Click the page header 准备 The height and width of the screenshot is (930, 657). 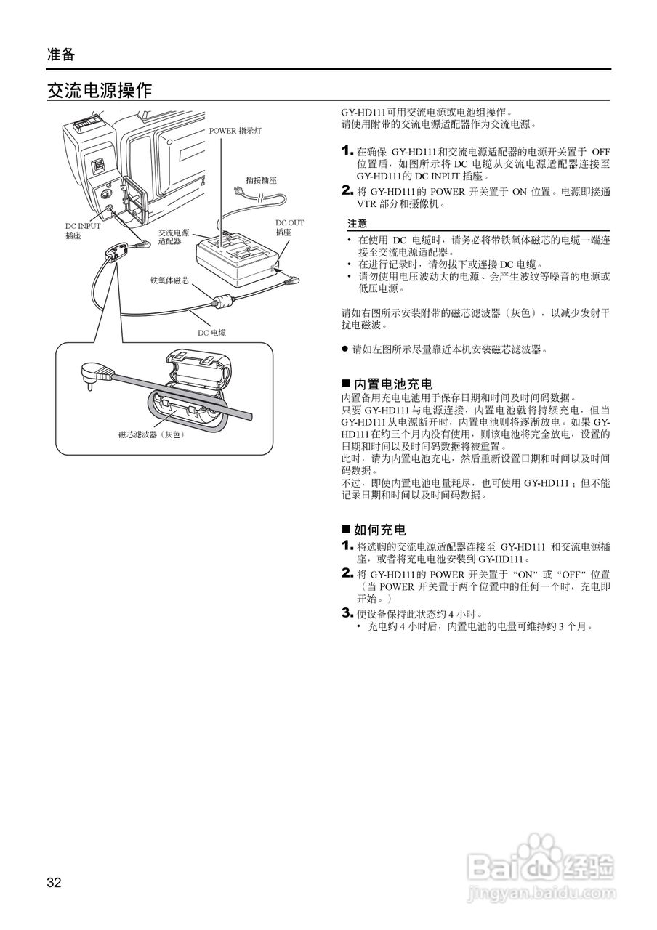tap(61, 54)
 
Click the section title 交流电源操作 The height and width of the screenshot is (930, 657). tap(100, 91)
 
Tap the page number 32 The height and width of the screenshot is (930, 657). tap(54, 883)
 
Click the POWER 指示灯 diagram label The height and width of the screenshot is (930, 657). tap(235, 131)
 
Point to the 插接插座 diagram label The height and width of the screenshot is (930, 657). tap(261, 179)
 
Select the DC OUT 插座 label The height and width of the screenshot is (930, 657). tap(289, 227)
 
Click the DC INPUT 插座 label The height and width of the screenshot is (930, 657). tap(83, 231)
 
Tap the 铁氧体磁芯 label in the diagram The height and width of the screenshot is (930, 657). tap(169, 280)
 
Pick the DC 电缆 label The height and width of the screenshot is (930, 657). tap(212, 333)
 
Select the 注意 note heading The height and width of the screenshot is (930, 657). tap(357, 224)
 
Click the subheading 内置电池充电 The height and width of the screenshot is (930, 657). tap(392, 384)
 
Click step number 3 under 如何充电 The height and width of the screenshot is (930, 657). tap(347, 612)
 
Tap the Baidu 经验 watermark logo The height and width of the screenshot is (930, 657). tap(541, 865)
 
